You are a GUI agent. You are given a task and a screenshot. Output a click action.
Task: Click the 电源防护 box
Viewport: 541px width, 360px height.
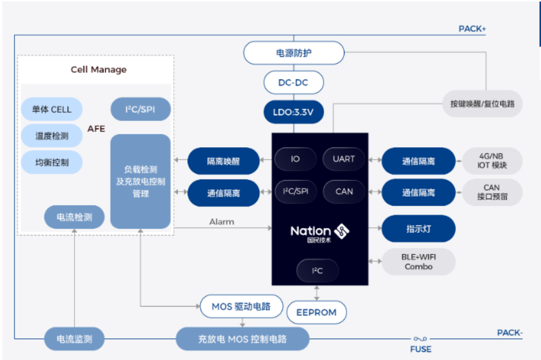point(294,53)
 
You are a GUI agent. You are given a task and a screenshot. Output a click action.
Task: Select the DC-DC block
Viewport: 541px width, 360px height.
point(294,82)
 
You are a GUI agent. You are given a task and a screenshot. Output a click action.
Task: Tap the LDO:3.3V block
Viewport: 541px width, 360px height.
point(294,112)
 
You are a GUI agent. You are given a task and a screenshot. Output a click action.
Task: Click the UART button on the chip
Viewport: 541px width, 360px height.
point(344,159)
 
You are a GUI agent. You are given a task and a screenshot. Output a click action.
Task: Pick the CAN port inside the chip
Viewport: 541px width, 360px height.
point(344,191)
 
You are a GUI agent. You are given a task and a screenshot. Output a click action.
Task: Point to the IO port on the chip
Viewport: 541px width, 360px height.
point(295,159)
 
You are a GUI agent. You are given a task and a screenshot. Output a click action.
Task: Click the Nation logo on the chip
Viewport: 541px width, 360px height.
point(320,232)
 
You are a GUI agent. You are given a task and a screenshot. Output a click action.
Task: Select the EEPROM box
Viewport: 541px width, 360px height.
point(316,312)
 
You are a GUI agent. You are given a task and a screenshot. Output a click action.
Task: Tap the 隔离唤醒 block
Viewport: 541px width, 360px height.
point(223,161)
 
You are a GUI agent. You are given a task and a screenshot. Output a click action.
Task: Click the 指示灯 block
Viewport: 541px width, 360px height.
point(418,229)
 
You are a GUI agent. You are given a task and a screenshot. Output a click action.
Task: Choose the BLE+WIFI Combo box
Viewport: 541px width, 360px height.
point(418,261)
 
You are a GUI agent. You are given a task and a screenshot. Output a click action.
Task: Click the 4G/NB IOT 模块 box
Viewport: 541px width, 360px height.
point(492,161)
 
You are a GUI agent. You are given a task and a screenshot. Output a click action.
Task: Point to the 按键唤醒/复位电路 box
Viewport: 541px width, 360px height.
point(482,104)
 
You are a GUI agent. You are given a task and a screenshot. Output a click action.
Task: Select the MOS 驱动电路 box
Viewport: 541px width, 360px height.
point(242,307)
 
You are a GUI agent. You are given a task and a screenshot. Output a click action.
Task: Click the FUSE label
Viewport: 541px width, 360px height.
point(420,349)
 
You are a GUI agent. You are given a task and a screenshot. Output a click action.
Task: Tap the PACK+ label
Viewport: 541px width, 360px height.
point(472,29)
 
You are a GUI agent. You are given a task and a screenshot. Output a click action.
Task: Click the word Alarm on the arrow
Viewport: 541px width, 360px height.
point(221,222)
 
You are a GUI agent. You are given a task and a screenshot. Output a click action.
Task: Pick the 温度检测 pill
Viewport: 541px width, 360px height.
point(51,135)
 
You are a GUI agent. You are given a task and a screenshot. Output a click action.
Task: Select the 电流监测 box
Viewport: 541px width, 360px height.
point(74,338)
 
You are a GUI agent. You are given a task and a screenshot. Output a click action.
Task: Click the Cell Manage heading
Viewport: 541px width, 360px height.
point(98,70)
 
